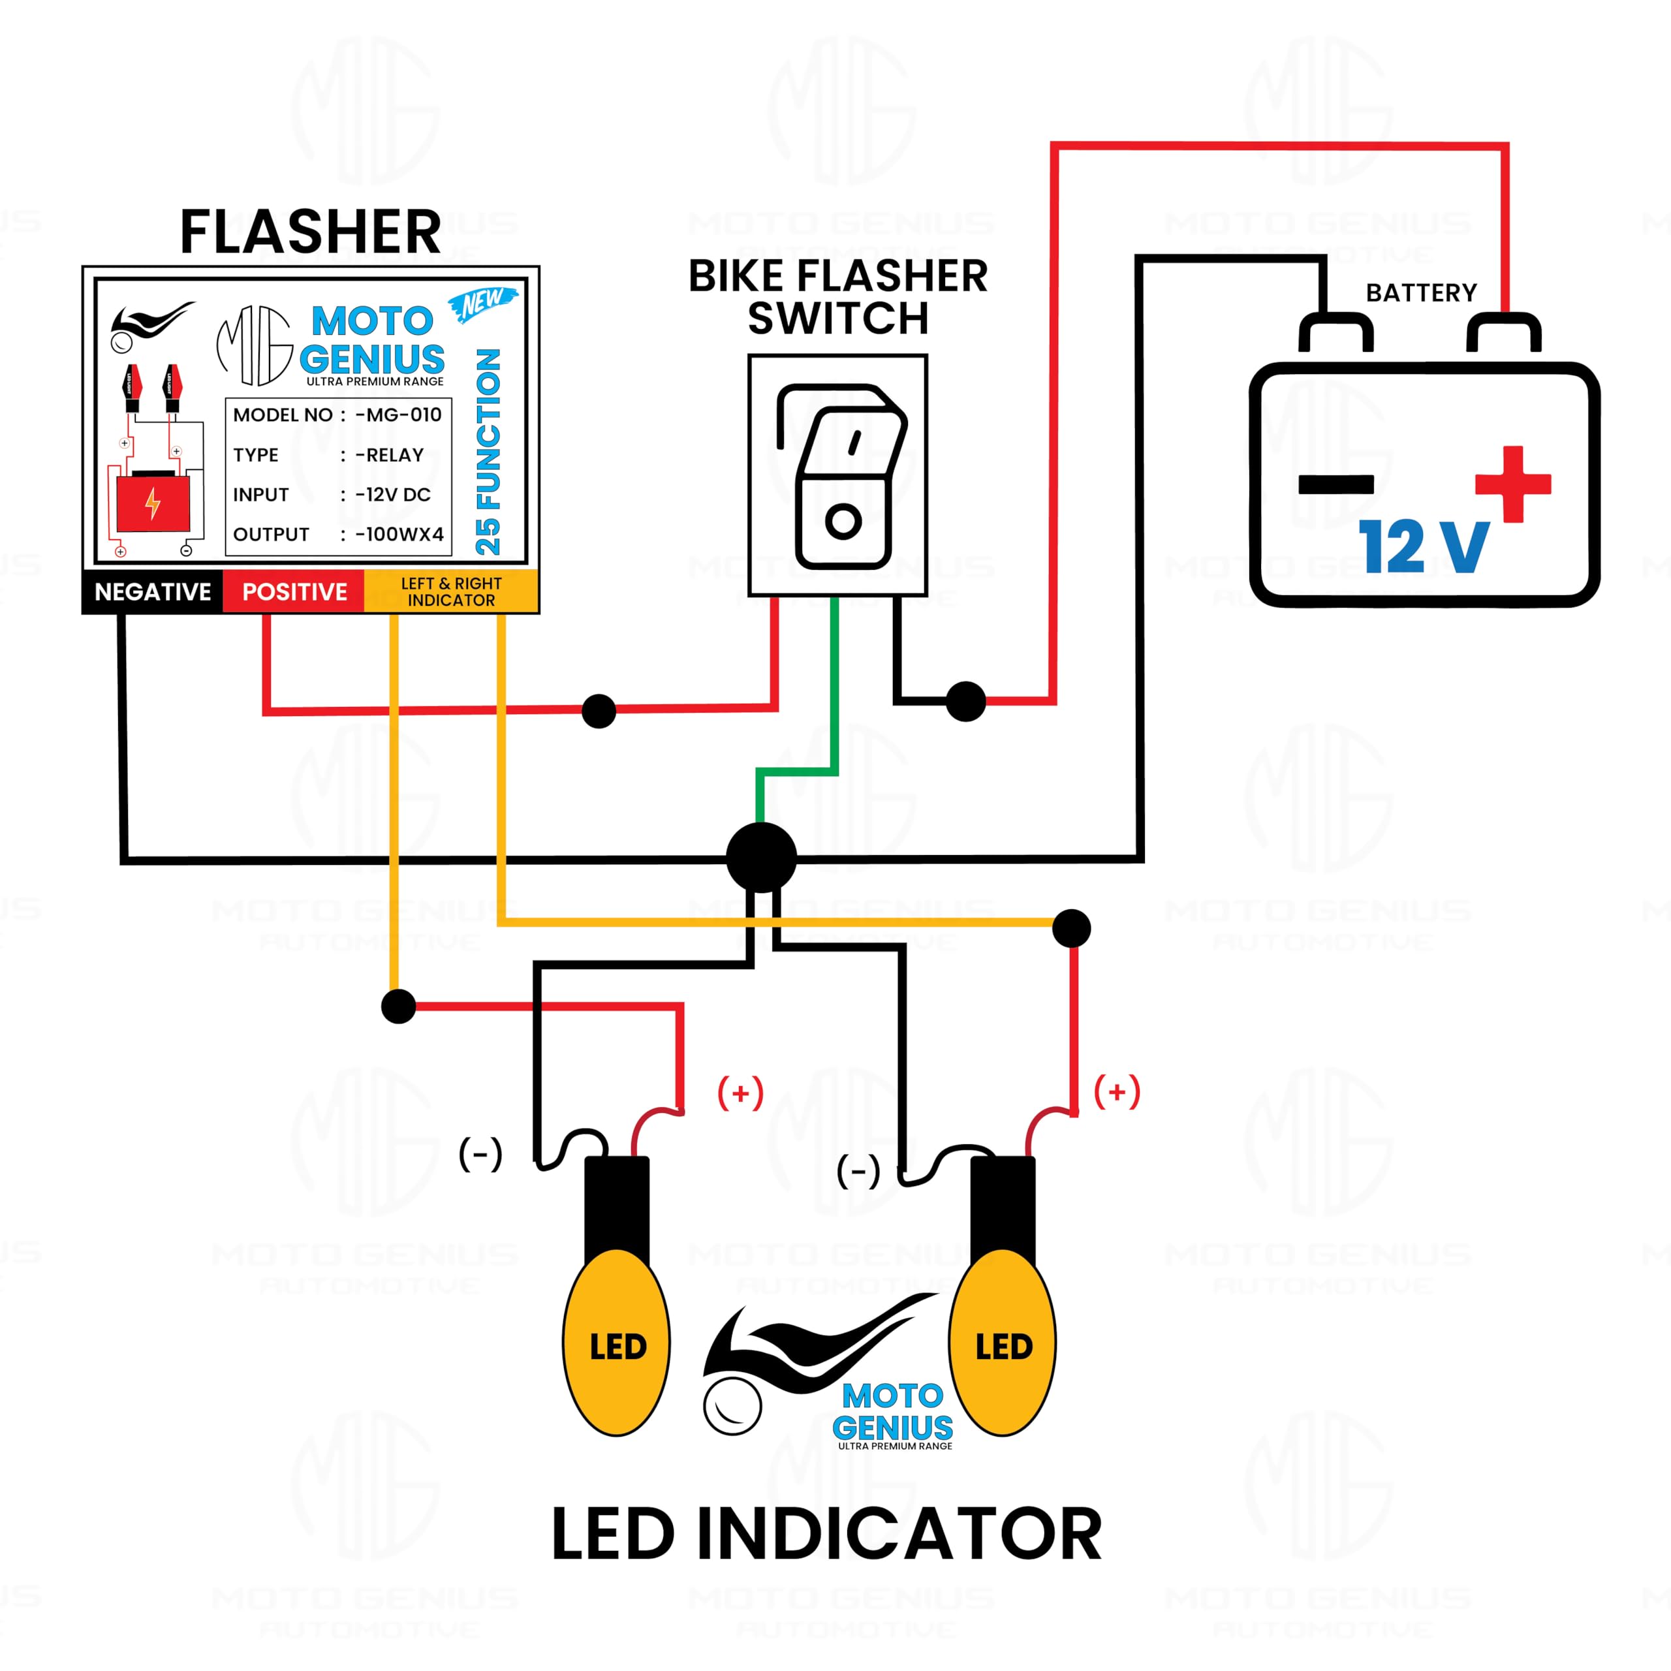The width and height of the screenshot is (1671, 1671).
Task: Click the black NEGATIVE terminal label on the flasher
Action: click(x=152, y=591)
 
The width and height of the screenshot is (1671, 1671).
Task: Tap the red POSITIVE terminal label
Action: click(x=294, y=591)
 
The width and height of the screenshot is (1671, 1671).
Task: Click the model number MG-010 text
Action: click(x=399, y=415)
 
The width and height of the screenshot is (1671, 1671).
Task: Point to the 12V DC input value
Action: click(x=394, y=495)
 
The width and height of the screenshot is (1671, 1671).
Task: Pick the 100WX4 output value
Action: click(x=399, y=535)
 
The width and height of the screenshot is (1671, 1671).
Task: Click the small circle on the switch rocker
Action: click(x=843, y=521)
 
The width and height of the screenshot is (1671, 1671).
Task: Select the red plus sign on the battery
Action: click(x=1513, y=484)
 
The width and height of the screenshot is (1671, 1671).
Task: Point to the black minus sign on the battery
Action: click(x=1335, y=484)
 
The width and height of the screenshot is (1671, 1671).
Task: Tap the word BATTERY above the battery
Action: click(x=1421, y=293)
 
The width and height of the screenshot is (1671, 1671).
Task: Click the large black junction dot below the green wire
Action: click(x=761, y=857)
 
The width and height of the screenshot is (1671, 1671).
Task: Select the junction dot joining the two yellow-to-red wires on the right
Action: click(x=1072, y=928)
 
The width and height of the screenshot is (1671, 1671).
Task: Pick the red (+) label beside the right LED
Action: click(x=1117, y=1093)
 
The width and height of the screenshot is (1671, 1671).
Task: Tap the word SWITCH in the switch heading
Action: click(x=837, y=319)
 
